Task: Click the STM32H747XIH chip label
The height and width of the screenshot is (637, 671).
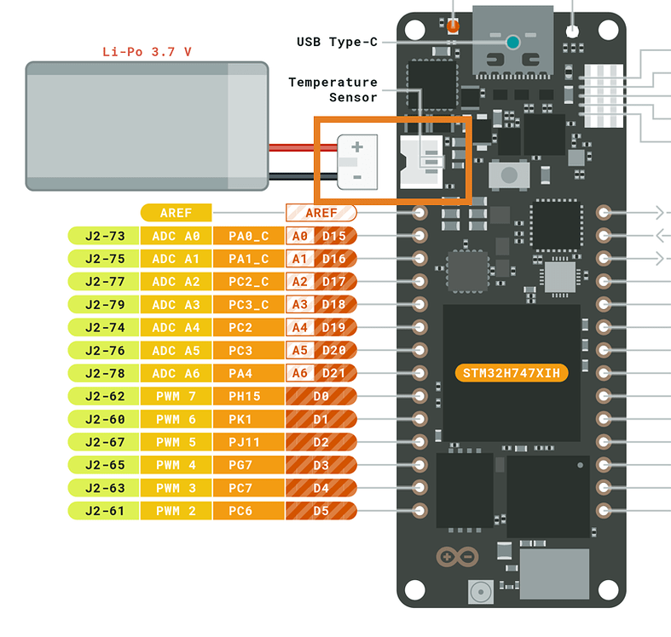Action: [512, 373]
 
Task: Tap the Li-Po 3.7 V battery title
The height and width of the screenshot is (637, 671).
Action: [147, 51]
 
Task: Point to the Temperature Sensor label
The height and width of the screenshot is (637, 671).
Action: [333, 89]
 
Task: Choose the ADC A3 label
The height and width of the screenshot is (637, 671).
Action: [176, 305]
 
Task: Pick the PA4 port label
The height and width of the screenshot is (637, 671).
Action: [241, 374]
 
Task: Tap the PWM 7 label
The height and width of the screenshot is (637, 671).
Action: [176, 397]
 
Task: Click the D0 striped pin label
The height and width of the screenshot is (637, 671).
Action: [321, 397]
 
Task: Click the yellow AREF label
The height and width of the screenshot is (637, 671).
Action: [176, 213]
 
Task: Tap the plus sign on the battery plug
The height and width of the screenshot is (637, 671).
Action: [357, 146]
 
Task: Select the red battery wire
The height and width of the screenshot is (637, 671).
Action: [294, 147]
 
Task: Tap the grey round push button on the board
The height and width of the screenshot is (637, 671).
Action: [510, 175]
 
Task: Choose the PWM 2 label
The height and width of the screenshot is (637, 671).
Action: [176, 512]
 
